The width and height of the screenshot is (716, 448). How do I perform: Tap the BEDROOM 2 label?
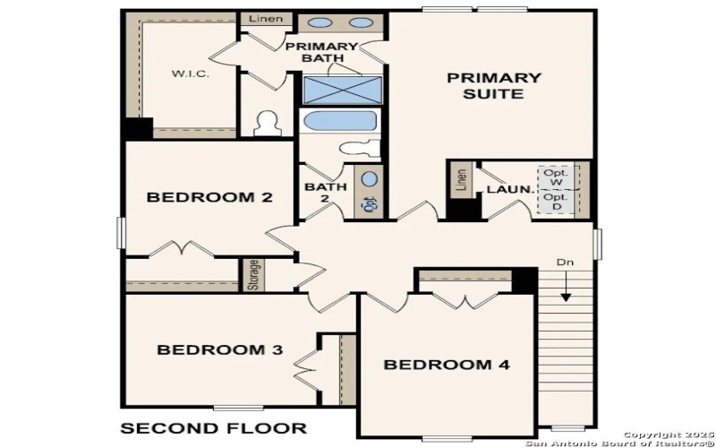(x=209, y=198)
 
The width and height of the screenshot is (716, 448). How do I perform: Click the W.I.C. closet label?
(x=192, y=73)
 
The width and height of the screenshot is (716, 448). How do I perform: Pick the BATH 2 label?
(x=326, y=193)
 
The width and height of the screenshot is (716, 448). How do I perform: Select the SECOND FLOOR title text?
(x=213, y=428)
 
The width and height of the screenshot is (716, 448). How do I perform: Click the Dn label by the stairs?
(x=565, y=263)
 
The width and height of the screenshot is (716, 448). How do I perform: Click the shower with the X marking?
(x=342, y=90)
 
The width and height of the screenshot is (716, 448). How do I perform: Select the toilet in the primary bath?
(x=266, y=123)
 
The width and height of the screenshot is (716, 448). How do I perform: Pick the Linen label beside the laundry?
(x=461, y=180)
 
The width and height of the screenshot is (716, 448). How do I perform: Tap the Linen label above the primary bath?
(x=265, y=19)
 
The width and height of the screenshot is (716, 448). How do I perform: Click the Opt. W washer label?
(x=556, y=177)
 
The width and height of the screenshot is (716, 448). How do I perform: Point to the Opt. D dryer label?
(x=556, y=202)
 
